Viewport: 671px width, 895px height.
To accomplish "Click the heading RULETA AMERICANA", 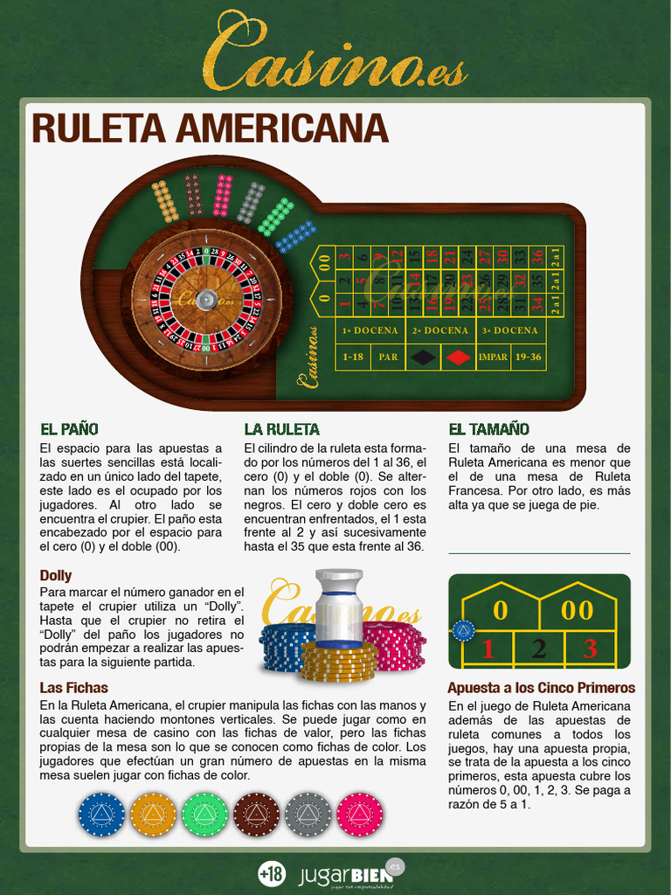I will [210, 128].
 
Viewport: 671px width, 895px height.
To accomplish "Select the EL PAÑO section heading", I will [69, 429].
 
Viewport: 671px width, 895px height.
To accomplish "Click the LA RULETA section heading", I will [281, 429].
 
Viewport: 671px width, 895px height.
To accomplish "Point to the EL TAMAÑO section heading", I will [488, 429].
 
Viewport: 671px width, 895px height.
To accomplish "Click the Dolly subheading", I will [56, 575].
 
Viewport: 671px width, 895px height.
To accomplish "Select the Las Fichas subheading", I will [73, 688].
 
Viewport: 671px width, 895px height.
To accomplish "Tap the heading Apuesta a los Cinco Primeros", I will [541, 688].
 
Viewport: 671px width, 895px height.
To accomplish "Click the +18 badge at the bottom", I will [272, 872].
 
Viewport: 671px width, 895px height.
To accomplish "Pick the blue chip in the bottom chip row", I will [101, 815].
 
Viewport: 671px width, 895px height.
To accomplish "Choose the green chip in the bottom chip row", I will [204, 815].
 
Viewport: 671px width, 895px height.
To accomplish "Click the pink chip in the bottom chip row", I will [359, 815].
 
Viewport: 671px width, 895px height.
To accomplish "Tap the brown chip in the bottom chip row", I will [256, 815].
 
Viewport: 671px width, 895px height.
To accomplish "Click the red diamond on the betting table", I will [458, 357].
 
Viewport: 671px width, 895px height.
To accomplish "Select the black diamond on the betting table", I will [423, 357].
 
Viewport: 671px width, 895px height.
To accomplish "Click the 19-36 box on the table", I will [529, 357].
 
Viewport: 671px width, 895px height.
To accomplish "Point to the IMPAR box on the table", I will [493, 357].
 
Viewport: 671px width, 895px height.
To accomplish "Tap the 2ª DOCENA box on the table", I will [440, 330].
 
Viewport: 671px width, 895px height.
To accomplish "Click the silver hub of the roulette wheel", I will [206, 299].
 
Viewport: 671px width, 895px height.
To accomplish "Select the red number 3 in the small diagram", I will [590, 649].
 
